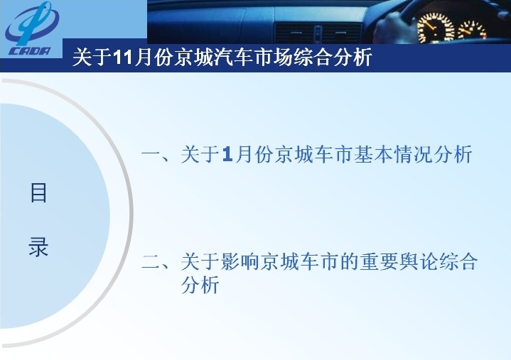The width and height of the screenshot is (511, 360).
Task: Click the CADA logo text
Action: pyautogui.click(x=30, y=51)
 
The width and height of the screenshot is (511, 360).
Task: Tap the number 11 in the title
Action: pyautogui.click(x=122, y=58)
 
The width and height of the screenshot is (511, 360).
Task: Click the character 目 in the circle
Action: pyautogui.click(x=38, y=192)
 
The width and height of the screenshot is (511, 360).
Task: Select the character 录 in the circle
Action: pyautogui.click(x=38, y=246)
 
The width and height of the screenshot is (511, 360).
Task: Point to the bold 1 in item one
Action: pyautogui.click(x=227, y=154)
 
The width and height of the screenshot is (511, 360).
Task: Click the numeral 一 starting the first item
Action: pyautogui.click(x=151, y=154)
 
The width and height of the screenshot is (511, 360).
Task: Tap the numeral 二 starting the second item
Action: pyautogui.click(x=151, y=261)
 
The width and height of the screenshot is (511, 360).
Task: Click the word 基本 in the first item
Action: pyautogui.click(x=373, y=154)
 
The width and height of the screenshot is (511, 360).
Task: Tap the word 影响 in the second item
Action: pyautogui.click(x=240, y=261)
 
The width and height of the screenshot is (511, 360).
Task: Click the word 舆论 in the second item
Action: pyautogui.click(x=418, y=261)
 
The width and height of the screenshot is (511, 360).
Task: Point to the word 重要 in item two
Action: pyautogui.click(x=378, y=261)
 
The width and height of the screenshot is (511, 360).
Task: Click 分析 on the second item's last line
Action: pyautogui.click(x=200, y=285)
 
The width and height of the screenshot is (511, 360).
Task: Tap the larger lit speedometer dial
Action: pyautogui.click(x=436, y=28)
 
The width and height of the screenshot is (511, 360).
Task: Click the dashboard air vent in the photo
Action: pyautogui.click(x=318, y=33)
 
